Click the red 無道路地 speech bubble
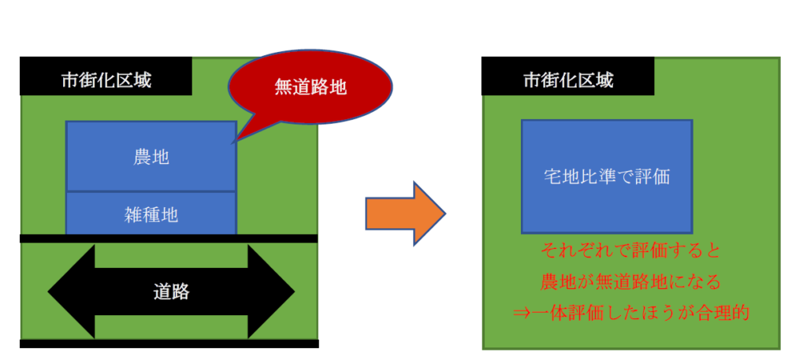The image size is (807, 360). coord(311,86)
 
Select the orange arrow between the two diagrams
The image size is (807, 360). coord(405,213)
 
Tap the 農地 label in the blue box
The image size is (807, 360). coord(151,157)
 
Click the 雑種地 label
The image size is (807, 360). coord(151,213)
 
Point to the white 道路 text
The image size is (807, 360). coord(171,292)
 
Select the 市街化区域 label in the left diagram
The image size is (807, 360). coord(106,80)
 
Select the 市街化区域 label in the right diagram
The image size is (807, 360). coord(568,80)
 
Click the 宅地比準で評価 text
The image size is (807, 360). coord(607,176)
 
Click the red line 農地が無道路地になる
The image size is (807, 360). coord(630,281)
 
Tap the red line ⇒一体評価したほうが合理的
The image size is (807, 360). coord(630,311)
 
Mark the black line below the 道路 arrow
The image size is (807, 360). coord(169,343)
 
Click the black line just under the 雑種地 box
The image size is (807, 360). coord(169,237)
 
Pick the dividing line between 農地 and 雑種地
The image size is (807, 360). coord(151,191)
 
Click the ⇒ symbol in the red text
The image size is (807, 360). coord(521,312)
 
